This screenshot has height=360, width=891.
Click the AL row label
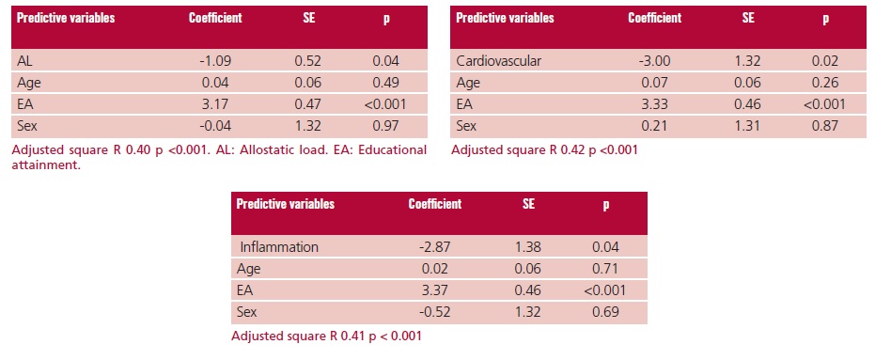[25, 61]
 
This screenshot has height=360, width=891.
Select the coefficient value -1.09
[215, 61]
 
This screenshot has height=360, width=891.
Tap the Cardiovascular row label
[498, 61]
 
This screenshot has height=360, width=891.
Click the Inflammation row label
[279, 247]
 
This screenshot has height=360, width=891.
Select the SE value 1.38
[528, 247]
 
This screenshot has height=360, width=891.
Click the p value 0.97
[386, 126]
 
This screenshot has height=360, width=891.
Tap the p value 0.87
[825, 126]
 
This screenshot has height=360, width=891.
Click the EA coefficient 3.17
[215, 104]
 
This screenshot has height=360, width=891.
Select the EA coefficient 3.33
[654, 104]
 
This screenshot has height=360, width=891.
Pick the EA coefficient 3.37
[435, 290]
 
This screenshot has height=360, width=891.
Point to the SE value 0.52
[308, 61]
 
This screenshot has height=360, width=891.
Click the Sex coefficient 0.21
[654, 126]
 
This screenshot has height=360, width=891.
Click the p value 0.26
[825, 83]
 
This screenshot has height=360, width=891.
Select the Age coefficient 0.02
[435, 269]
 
